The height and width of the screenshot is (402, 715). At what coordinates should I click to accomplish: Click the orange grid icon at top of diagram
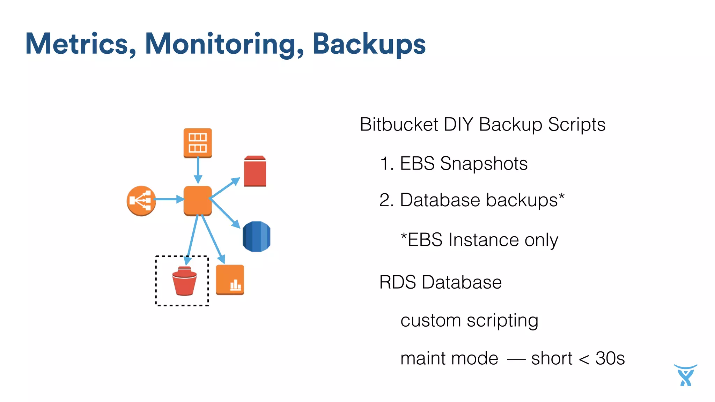click(x=198, y=143)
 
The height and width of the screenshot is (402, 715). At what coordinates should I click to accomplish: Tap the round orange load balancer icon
click(x=141, y=201)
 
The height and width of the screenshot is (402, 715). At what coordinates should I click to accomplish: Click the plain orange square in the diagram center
click(x=198, y=200)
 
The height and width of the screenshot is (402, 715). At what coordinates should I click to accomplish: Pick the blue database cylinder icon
click(x=256, y=236)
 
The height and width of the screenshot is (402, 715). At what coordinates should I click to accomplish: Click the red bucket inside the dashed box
click(x=184, y=281)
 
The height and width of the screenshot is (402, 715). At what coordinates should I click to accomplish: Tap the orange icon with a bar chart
click(x=230, y=280)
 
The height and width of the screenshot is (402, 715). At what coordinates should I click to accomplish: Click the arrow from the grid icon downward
click(x=198, y=170)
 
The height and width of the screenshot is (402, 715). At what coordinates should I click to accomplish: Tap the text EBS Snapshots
click(x=463, y=164)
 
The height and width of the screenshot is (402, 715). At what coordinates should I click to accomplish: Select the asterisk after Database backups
click(x=561, y=197)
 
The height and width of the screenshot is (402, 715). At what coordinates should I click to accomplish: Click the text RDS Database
click(x=440, y=282)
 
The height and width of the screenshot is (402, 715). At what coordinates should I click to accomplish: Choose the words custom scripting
click(x=469, y=320)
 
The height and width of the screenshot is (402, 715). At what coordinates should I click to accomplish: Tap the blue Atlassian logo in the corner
click(x=685, y=375)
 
